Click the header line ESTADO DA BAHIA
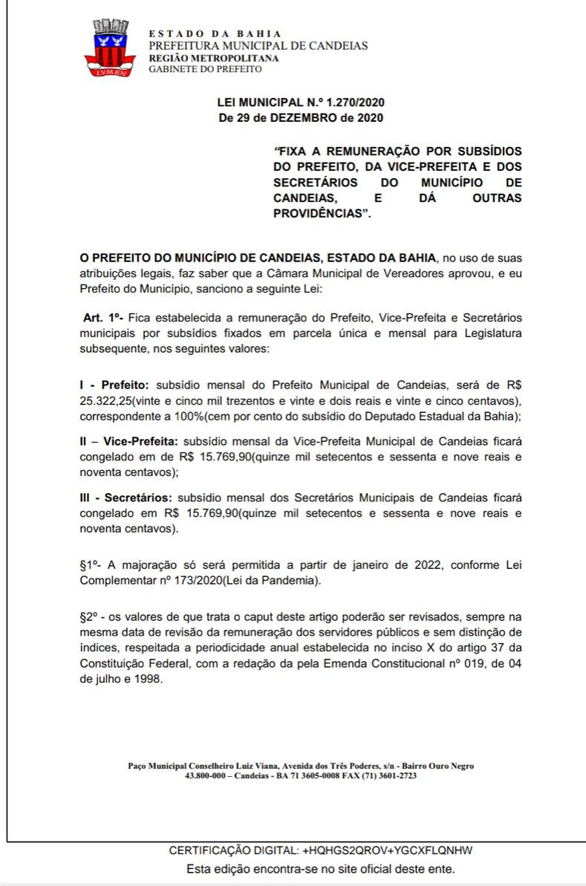[x=215, y=34]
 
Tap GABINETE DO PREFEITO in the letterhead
[x=205, y=69]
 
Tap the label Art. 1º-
[x=103, y=317]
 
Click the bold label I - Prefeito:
[x=114, y=385]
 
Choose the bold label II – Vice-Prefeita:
[x=128, y=441]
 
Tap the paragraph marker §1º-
[x=92, y=565]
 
